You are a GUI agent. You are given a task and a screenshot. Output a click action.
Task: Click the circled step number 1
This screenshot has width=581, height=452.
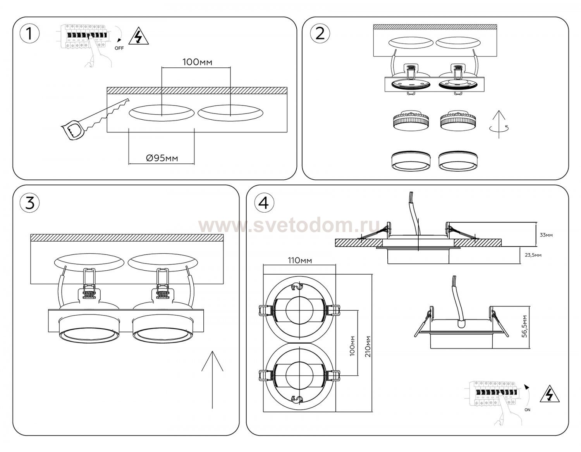(30, 34)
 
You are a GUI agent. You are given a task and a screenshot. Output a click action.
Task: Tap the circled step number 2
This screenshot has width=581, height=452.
(320, 34)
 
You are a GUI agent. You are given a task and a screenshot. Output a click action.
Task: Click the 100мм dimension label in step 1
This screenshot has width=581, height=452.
(197, 62)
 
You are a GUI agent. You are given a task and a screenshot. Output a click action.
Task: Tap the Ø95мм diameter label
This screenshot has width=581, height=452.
(162, 158)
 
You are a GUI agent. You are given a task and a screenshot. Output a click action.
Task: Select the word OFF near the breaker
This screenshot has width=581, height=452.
(119, 48)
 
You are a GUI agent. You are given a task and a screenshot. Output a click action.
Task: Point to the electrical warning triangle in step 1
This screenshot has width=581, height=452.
(139, 36)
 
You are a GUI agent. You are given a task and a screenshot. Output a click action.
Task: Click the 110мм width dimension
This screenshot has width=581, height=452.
(300, 260)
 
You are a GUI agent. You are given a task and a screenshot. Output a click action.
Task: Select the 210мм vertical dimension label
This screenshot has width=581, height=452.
(368, 347)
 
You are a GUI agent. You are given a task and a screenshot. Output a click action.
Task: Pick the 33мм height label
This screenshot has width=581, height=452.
(546, 235)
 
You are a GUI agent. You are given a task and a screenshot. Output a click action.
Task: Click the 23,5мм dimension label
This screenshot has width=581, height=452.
(533, 255)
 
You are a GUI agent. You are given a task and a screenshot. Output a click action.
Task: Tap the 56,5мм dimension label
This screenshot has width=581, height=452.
(524, 327)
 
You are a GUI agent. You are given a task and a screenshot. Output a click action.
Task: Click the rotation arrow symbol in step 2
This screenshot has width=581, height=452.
(499, 128)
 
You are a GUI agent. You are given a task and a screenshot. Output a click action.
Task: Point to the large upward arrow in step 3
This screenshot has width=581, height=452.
(212, 380)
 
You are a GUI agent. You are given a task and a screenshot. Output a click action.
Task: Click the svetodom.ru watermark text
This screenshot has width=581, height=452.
(289, 226)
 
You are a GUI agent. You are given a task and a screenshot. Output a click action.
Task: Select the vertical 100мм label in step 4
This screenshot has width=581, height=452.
(352, 346)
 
